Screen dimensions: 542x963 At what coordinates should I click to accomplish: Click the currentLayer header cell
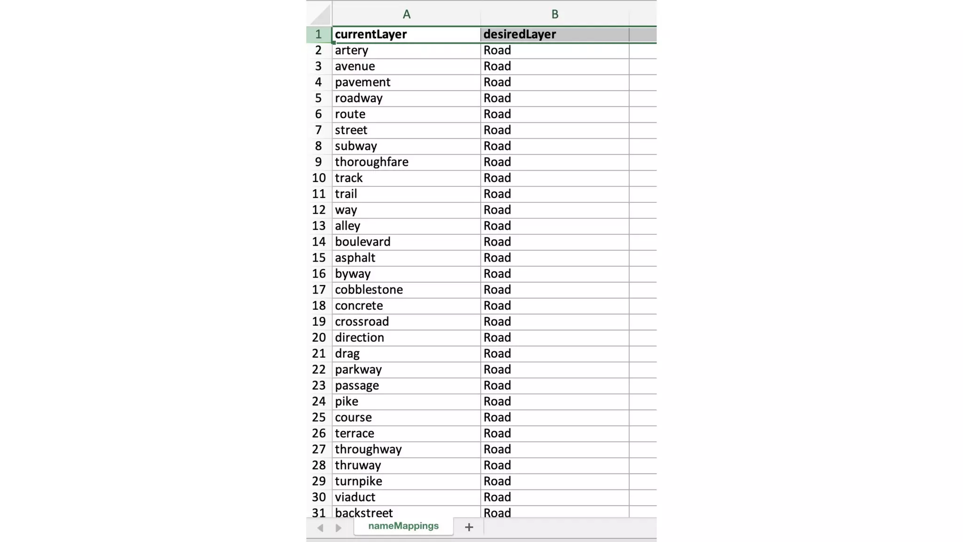click(x=406, y=34)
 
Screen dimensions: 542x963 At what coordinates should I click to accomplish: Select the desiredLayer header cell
click(x=554, y=34)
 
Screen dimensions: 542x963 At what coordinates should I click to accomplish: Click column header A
click(x=406, y=14)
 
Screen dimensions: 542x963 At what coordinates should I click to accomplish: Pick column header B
click(x=555, y=14)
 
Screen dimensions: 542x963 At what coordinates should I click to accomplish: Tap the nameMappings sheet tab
click(x=403, y=526)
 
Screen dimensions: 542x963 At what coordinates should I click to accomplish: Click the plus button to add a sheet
click(x=469, y=527)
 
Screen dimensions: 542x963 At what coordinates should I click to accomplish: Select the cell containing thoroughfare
click(x=406, y=162)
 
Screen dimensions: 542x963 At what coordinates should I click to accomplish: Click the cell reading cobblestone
click(x=406, y=290)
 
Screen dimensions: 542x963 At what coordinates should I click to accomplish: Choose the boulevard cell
click(x=406, y=242)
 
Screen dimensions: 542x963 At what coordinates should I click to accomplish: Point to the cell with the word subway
click(x=406, y=146)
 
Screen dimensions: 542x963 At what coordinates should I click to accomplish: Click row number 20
click(x=319, y=338)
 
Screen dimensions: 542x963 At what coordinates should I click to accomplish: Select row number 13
click(x=319, y=226)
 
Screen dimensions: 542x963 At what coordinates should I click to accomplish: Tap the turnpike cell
click(x=406, y=481)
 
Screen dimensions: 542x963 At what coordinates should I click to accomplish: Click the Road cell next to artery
click(x=554, y=50)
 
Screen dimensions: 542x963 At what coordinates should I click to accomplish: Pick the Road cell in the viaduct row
click(x=554, y=497)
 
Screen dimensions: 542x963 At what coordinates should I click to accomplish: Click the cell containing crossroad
click(x=406, y=322)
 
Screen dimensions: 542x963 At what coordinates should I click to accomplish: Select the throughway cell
click(x=406, y=449)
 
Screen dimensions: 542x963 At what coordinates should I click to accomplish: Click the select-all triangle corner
click(x=321, y=15)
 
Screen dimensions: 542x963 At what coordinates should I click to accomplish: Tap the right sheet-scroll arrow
click(x=339, y=528)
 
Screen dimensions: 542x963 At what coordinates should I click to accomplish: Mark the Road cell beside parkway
click(x=554, y=370)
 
